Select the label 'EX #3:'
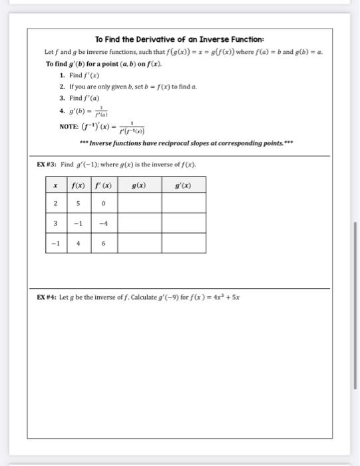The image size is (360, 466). tap(47, 164)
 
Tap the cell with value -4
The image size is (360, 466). tap(103, 224)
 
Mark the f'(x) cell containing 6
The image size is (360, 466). tap(103, 243)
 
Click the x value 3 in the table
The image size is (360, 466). tap(56, 224)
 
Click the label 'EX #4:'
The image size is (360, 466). tap(47, 298)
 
